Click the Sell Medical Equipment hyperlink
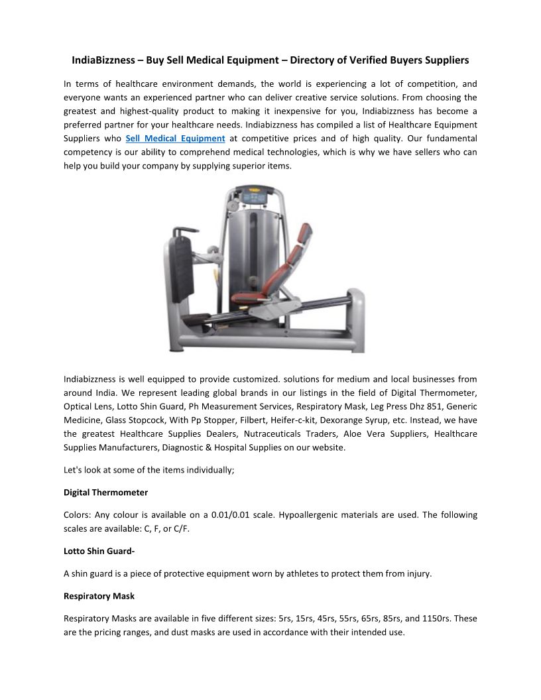click(x=175, y=139)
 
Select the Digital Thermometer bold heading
click(x=105, y=493)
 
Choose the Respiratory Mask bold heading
click(x=99, y=596)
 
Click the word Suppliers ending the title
click(x=449, y=60)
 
